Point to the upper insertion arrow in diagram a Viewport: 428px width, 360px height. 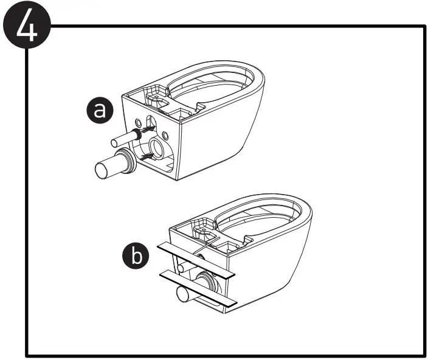tap(143, 128)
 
